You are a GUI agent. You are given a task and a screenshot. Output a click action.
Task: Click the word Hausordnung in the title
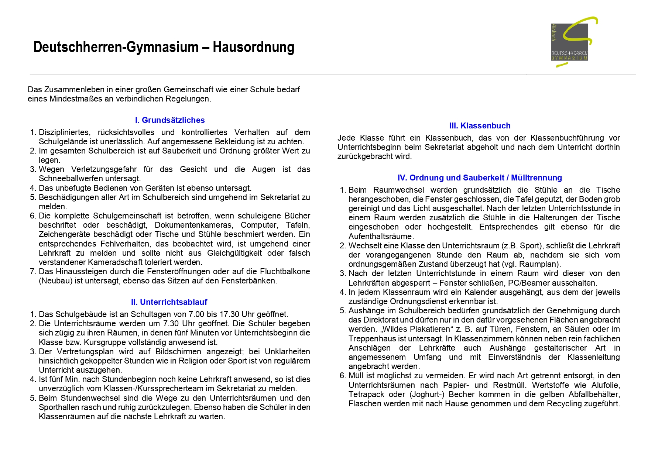point(253,47)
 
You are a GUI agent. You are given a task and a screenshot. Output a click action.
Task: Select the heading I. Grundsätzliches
point(169,120)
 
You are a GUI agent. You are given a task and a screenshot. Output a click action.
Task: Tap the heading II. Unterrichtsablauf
point(169,302)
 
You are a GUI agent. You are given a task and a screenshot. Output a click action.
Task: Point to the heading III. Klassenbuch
point(480,125)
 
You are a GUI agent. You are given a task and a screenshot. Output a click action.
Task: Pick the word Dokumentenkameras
point(194,225)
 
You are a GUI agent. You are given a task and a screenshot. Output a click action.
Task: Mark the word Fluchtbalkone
point(285,272)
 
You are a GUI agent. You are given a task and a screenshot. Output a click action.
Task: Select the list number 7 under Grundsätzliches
point(32,272)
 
